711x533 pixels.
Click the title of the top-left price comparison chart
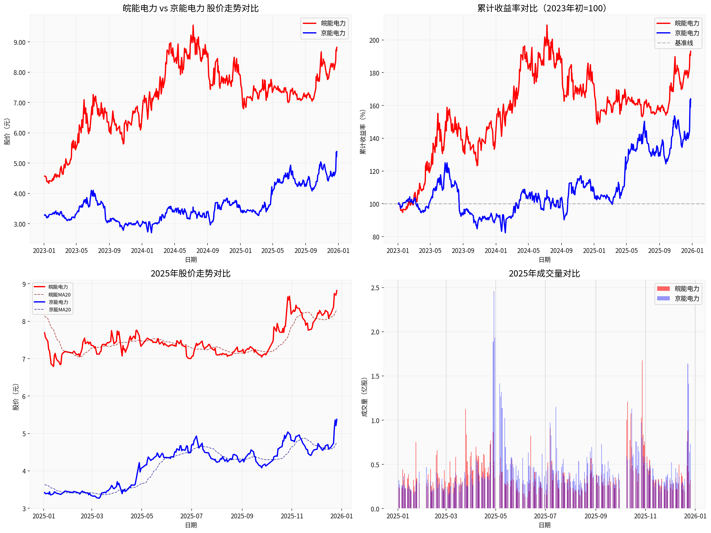point(191,8)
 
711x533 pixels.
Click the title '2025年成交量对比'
point(544,273)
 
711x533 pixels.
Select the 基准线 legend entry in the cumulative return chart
point(684,43)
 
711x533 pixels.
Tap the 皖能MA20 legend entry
point(59,294)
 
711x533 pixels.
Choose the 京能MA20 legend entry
point(59,310)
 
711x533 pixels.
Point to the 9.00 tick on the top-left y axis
point(19,42)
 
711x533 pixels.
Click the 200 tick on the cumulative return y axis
point(374,40)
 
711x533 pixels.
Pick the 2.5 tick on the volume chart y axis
point(375,288)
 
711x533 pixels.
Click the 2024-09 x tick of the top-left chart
point(207,251)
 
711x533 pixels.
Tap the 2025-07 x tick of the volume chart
point(545,516)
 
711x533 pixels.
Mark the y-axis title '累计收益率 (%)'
point(363,132)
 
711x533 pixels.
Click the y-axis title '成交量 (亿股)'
point(364,397)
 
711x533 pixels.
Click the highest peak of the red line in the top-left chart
point(193,25)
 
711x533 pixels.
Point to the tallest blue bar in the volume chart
point(494,292)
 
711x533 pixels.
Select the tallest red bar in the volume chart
point(642,361)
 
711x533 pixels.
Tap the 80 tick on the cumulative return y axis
point(376,237)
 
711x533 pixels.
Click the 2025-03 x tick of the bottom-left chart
point(92,516)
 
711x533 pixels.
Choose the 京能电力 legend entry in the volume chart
point(687,298)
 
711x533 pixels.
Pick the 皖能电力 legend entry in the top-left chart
point(333,23)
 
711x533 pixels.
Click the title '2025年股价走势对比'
point(191,273)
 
